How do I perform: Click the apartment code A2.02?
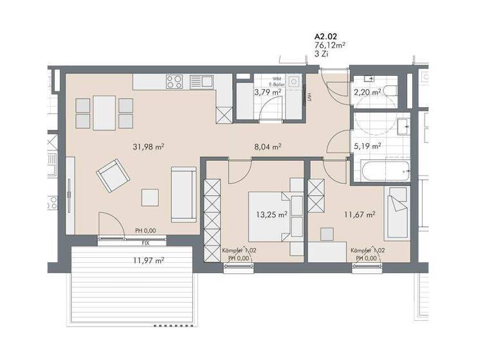[325, 37]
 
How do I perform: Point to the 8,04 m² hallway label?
[268, 147]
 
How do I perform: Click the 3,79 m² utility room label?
[267, 93]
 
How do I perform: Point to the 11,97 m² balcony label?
[149, 260]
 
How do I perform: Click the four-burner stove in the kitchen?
[174, 82]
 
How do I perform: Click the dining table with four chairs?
[104, 113]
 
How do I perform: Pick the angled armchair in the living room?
[112, 175]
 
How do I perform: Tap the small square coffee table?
[151, 197]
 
